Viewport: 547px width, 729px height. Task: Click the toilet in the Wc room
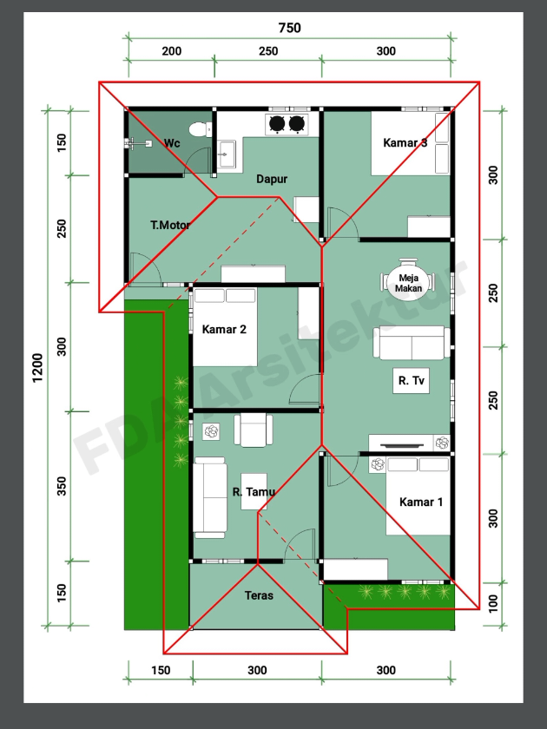coord(201,129)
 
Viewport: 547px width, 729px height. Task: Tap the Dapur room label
coord(272,179)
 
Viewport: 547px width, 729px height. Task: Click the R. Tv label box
coord(412,381)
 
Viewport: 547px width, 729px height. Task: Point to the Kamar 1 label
coord(421,502)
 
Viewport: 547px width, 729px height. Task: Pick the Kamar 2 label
coord(224,330)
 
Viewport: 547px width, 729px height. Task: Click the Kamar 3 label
coord(405,142)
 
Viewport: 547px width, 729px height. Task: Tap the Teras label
coord(259,595)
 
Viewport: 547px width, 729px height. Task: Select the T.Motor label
coord(170,225)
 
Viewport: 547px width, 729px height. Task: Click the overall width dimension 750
coord(289,28)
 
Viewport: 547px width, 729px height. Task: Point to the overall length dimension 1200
coord(37,368)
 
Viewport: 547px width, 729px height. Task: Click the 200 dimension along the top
coord(172,51)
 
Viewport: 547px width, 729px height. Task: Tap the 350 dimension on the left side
coord(62,486)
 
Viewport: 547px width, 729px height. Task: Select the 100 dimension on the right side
coord(493,603)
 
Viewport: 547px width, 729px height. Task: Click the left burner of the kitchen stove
coord(277,123)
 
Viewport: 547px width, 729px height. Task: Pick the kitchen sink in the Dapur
coord(227,154)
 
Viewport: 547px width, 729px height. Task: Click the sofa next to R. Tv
coord(412,343)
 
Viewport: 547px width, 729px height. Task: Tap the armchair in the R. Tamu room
coord(253,430)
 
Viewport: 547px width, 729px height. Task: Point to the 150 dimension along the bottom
coord(161,670)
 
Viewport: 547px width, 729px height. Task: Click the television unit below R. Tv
coord(401,443)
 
